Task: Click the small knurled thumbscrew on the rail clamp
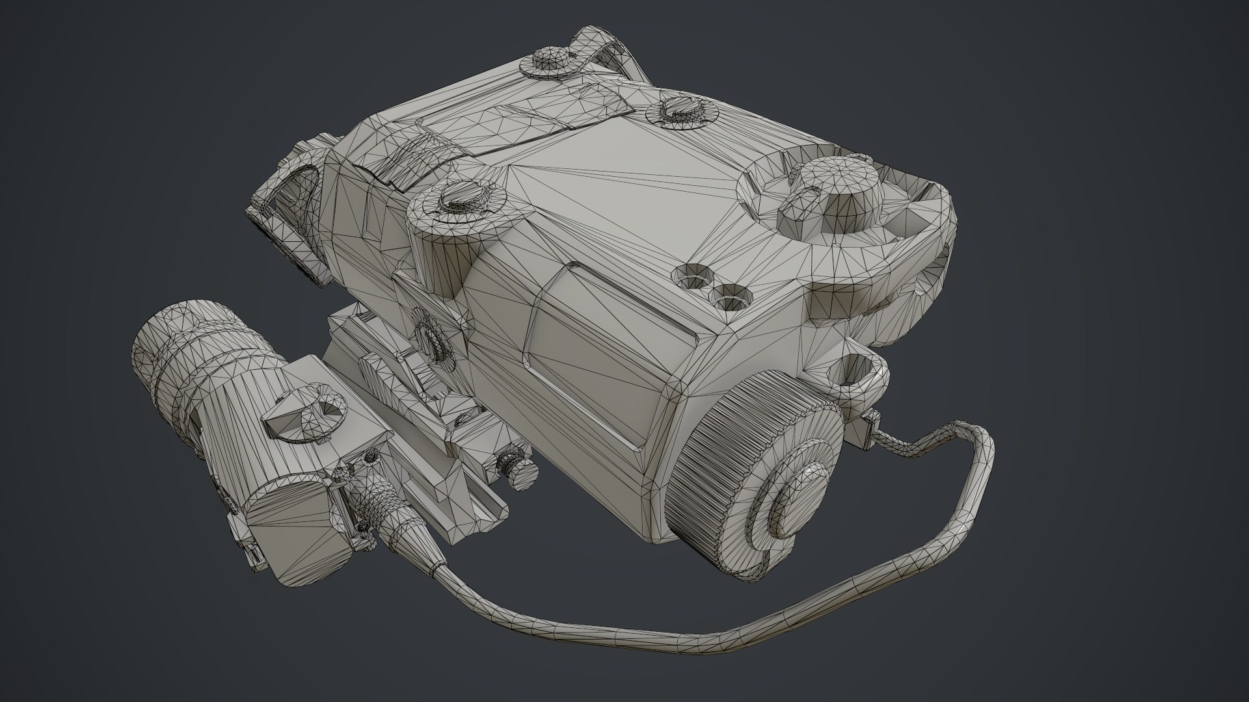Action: coord(517,469)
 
